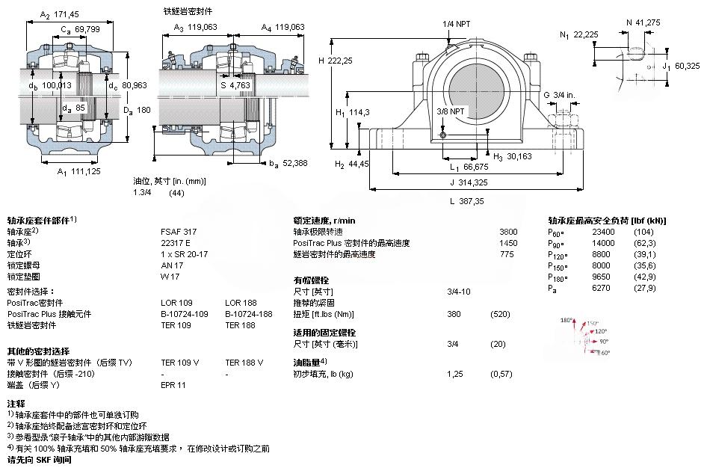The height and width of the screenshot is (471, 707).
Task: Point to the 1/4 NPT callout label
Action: coord(457,25)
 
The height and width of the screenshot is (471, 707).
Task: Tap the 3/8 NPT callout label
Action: coord(451,111)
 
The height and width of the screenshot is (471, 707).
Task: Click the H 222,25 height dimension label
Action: coord(336,61)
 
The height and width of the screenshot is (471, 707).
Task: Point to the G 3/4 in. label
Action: coord(560,95)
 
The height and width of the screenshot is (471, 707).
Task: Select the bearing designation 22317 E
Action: coord(175,243)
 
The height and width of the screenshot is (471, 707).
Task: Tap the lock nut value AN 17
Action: coord(172,265)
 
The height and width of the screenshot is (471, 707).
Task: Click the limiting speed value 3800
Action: coord(507,232)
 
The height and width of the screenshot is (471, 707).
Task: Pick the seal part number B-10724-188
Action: coord(248,314)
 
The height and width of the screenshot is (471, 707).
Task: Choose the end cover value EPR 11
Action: coord(173,385)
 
